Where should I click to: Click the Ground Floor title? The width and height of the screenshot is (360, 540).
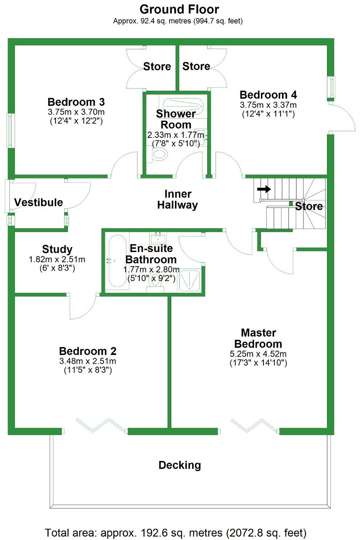(x=179, y=9)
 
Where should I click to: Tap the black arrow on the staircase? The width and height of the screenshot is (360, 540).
(x=264, y=189)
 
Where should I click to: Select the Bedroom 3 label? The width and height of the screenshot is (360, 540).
(x=76, y=102)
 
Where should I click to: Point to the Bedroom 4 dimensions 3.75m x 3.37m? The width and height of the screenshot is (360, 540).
(x=268, y=105)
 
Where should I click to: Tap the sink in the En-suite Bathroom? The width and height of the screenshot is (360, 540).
(x=158, y=238)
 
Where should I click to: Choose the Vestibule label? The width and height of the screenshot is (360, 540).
(x=38, y=202)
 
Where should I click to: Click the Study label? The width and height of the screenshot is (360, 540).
(x=57, y=249)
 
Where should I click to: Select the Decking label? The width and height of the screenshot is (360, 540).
(x=180, y=465)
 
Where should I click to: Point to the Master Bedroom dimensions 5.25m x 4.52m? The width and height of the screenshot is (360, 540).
(x=258, y=354)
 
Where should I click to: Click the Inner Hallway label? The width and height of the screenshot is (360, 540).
(x=177, y=199)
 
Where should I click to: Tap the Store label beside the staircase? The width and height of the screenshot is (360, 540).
(x=309, y=206)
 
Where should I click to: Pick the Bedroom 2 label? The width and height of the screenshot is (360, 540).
(x=88, y=351)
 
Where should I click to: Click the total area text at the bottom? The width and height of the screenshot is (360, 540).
(x=176, y=533)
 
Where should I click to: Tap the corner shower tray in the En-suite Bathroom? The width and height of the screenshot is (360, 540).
(x=189, y=280)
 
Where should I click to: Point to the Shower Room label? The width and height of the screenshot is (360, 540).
(x=176, y=119)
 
